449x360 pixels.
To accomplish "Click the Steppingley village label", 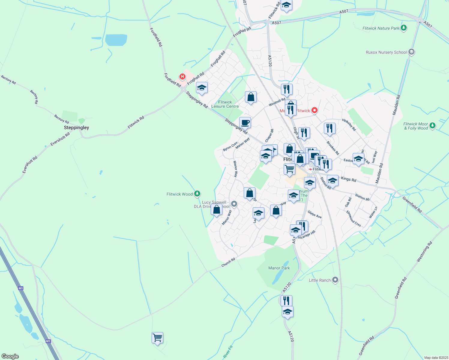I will [x=77, y=127].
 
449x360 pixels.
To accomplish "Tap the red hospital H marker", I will [x=182, y=77].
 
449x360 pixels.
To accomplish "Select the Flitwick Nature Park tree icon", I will [x=404, y=28].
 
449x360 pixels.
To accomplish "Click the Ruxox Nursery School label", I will [x=386, y=52].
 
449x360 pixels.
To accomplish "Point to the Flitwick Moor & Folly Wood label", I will [x=416, y=126].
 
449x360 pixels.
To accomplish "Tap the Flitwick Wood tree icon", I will [x=197, y=194].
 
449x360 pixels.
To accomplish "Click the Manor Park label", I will [x=279, y=268].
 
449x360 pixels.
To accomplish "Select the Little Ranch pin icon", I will [x=336, y=280].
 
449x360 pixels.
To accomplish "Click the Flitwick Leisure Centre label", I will [x=225, y=104].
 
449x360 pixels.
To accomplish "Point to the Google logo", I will [x=10, y=356].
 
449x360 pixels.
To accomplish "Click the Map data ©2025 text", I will [x=436, y=358].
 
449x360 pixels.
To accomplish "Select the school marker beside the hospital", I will [x=202, y=88].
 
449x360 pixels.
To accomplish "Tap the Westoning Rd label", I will [x=424, y=251].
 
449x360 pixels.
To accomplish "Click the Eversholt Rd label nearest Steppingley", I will [x=60, y=139].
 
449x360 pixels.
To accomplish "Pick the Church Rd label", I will [x=228, y=262].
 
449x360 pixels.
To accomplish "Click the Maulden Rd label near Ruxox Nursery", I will [x=396, y=105].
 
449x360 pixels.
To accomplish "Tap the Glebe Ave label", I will [x=315, y=214].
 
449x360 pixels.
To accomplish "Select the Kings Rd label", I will [x=348, y=179].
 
